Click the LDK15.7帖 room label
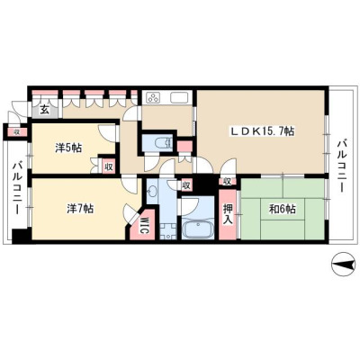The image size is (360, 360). [262, 131]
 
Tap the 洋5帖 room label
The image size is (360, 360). [68, 148]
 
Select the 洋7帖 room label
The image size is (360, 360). [79, 209]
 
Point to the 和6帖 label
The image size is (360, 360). [282, 209]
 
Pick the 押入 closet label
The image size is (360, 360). [228, 213]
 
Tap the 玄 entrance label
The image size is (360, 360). [44, 110]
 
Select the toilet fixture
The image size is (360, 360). [163, 141]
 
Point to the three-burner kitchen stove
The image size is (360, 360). [154, 98]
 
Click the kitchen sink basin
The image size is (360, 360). [179, 97]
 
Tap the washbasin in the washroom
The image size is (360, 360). [153, 191]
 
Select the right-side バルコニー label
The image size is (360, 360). [341, 166]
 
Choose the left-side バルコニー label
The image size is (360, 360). [17, 188]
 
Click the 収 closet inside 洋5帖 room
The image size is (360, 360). [109, 166]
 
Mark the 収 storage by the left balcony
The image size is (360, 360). [17, 132]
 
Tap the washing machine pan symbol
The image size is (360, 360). [167, 231]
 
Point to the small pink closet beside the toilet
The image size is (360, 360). [184, 147]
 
